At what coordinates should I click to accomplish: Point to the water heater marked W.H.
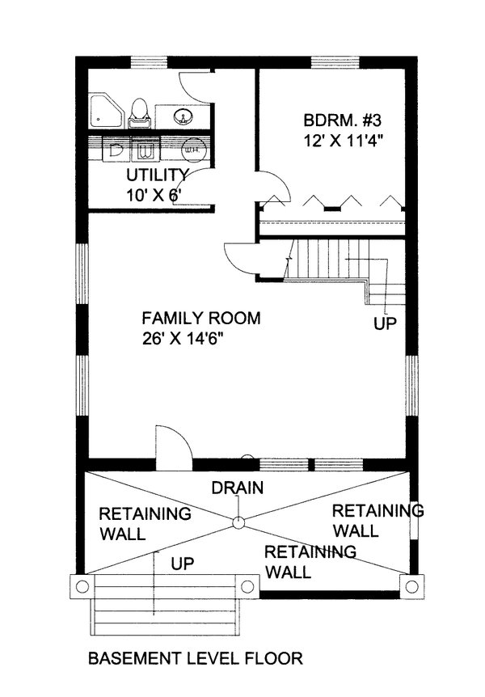pyautogui.click(x=194, y=149)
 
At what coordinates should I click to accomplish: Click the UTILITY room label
pyautogui.click(x=157, y=175)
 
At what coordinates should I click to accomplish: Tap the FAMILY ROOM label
pyautogui.click(x=201, y=318)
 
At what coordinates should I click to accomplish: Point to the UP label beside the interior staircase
pyautogui.click(x=385, y=324)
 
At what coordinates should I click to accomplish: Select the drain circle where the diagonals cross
pyautogui.click(x=238, y=522)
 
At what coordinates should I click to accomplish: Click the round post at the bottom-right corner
pyautogui.click(x=413, y=585)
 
